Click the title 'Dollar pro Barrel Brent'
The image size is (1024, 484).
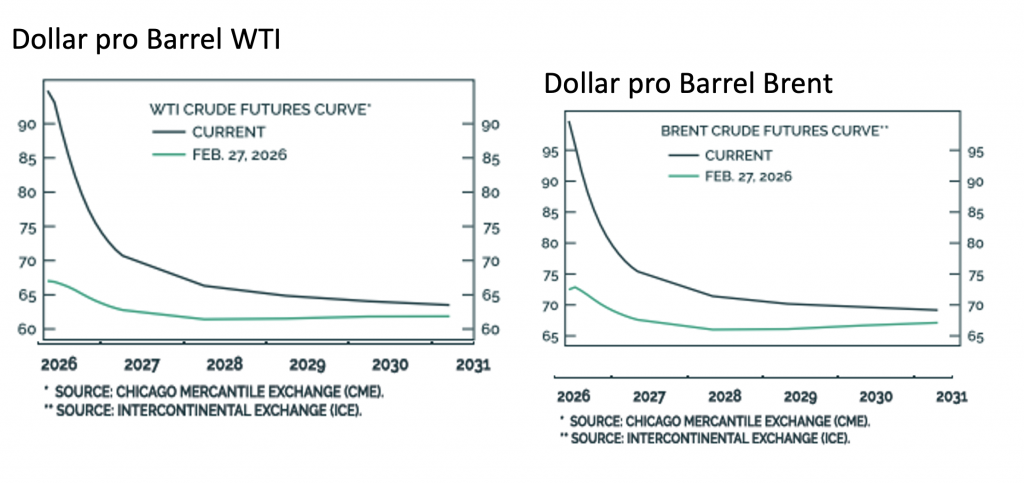[x=688, y=83]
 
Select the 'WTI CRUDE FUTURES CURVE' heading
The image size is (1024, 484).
[x=264, y=106]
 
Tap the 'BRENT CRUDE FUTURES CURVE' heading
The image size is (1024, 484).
[x=777, y=131]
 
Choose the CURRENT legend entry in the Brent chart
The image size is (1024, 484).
[x=736, y=155]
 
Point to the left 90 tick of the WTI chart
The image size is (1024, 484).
[x=28, y=125]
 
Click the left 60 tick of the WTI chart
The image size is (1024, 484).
[x=28, y=330]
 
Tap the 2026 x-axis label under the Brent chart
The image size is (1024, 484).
[x=574, y=397]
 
